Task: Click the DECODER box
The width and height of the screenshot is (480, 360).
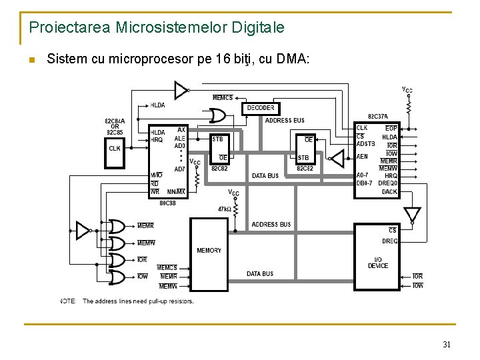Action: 261,108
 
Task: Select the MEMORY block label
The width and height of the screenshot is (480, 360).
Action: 209,250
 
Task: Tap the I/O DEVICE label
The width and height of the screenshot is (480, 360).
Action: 378,263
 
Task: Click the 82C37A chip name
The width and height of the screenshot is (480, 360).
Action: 378,117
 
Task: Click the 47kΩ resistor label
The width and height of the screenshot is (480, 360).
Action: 223,209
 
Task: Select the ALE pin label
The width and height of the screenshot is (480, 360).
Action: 180,138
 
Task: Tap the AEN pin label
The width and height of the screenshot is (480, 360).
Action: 362,157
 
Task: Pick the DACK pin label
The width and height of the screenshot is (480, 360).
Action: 389,192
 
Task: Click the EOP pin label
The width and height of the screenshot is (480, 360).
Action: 391,128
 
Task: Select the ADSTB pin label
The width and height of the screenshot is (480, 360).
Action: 366,143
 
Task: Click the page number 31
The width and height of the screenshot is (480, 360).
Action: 446,345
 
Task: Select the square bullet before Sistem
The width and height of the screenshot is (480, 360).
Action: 32,61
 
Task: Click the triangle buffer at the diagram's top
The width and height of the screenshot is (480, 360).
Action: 181,89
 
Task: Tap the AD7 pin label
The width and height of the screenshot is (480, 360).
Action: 180,169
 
